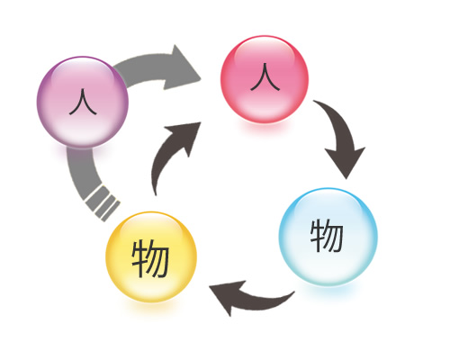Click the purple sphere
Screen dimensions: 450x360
[83, 102]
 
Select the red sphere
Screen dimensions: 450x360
[265, 79]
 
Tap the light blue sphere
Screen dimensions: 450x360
[328, 237]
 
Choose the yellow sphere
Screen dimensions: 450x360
[151, 256]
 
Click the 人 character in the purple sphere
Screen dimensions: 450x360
[83, 102]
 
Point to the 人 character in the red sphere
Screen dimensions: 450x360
[265, 77]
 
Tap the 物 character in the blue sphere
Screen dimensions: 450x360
[327, 236]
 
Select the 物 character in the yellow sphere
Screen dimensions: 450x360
[150, 258]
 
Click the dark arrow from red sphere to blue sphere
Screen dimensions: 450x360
[342, 135]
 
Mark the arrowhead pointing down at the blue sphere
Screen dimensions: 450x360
[346, 160]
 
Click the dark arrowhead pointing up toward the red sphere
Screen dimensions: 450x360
[184, 135]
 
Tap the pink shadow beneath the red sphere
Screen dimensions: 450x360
[265, 127]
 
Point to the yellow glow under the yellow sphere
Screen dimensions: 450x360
[151, 305]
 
